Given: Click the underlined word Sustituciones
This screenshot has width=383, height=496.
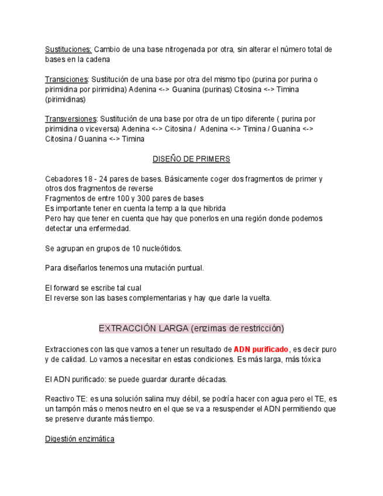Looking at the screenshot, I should point(68,50).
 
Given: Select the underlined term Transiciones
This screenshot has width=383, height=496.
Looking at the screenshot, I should point(66,80).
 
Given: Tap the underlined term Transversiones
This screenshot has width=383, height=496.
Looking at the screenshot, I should point(71,119).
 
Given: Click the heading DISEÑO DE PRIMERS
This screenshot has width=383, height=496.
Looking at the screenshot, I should point(191,159).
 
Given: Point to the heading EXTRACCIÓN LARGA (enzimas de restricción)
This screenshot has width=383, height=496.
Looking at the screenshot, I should point(191,328).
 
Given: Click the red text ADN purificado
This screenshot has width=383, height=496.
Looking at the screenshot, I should point(261,350).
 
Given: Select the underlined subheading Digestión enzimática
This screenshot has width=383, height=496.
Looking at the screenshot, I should point(80,439).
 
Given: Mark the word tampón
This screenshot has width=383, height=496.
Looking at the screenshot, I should point(68,409).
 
